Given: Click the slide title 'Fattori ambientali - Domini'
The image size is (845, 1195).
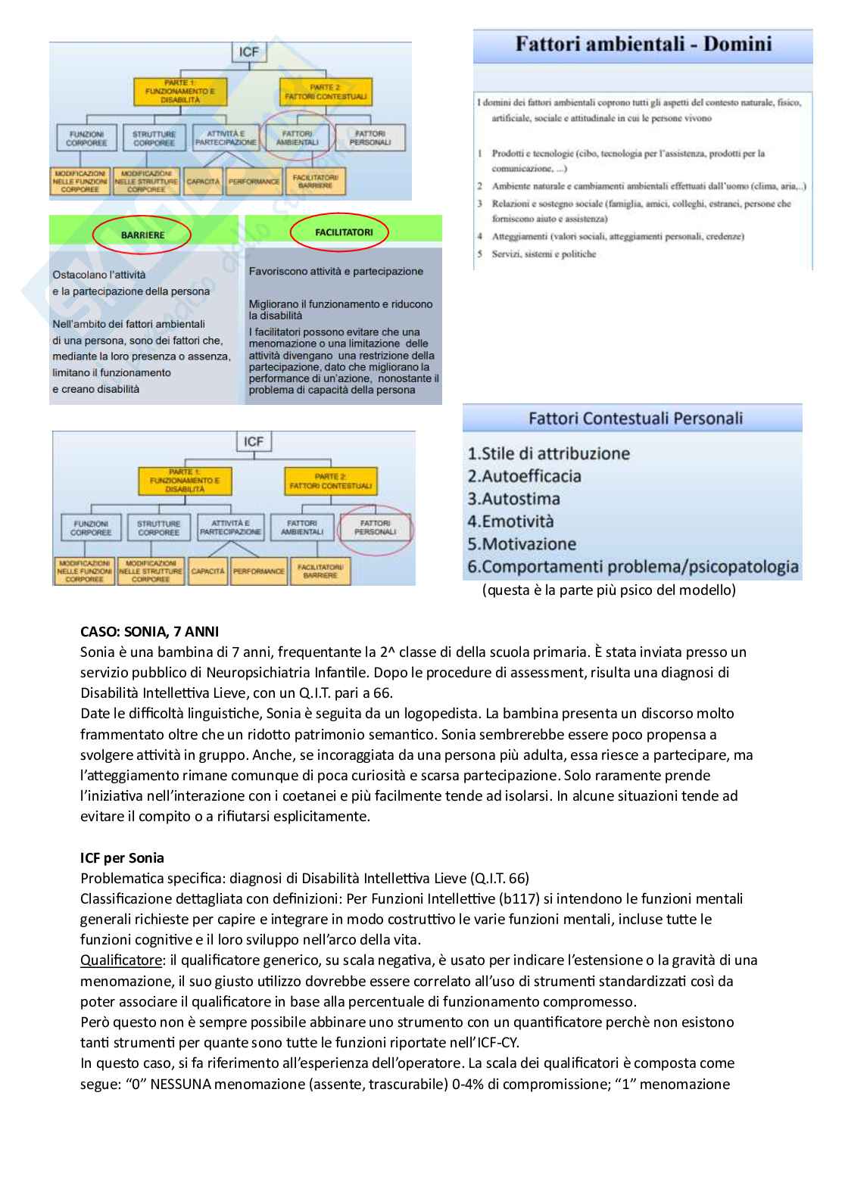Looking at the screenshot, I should (643, 44).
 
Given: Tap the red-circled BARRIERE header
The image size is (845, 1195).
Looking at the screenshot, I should (142, 235).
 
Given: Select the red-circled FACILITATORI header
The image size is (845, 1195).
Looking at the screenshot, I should (343, 232).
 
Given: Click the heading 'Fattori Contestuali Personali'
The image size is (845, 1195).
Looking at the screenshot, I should (635, 418).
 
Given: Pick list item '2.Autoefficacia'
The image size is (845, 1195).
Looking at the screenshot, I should (524, 476).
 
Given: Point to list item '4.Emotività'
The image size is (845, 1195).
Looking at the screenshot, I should (510, 521).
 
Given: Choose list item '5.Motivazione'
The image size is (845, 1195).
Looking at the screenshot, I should (522, 544).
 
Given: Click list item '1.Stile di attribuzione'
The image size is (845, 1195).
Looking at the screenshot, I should (548, 453).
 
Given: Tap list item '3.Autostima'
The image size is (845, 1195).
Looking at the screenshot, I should (513, 499).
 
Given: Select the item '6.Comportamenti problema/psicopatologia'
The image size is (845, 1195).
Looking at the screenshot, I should (632, 567).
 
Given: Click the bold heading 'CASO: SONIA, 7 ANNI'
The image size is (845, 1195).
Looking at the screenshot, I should (150, 631).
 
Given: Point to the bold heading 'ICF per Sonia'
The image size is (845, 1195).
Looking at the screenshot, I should (122, 857).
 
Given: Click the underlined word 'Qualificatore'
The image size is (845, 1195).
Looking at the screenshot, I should (121, 960).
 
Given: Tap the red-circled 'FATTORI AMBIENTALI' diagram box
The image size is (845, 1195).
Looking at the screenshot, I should (298, 138).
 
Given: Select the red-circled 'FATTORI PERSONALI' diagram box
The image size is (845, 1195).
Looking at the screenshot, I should (375, 527).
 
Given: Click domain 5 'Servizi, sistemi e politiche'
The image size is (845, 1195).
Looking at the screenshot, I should (543, 254).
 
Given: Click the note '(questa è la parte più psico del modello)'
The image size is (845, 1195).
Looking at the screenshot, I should (609, 590).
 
